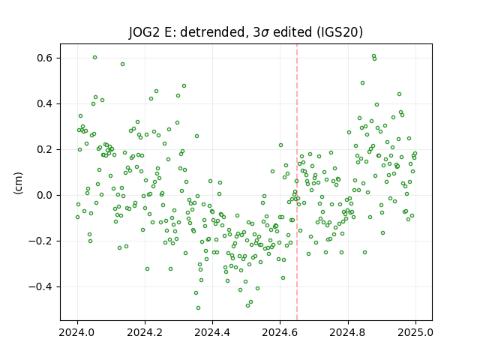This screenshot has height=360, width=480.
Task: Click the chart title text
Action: tap(245, 31)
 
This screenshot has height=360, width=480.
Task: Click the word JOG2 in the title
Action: tap(143, 31)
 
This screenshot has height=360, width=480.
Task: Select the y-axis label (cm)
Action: tap(18, 183)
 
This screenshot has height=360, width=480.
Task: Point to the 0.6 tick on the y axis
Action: tap(45, 58)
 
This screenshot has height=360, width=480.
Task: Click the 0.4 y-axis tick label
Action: tap(45, 103)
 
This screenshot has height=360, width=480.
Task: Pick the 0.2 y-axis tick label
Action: tap(45, 149)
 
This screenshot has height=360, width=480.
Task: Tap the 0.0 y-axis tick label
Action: tap(45, 195)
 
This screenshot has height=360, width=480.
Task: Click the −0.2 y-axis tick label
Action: tap(41, 241)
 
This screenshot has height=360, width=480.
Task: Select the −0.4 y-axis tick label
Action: tap(41, 286)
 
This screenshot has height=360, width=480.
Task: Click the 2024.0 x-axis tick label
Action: tap(77, 332)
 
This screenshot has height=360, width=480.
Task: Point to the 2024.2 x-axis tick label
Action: tap(145, 332)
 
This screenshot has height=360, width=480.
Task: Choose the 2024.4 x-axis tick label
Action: tap(212, 332)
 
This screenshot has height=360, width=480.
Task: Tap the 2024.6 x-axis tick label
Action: tap(280, 332)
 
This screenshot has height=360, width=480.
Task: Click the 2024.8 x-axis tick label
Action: tap(348, 332)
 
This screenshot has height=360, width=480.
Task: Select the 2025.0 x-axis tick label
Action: tap(415, 332)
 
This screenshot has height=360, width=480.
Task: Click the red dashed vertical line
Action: tap(297, 182)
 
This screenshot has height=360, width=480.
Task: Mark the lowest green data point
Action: tap(198, 307)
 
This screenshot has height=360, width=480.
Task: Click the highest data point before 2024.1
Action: tap(95, 57)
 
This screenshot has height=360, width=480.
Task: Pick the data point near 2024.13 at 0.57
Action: tap(122, 64)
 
